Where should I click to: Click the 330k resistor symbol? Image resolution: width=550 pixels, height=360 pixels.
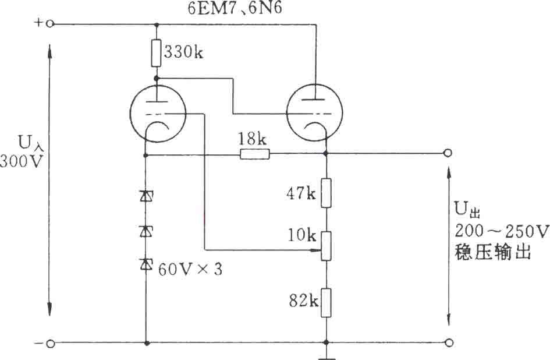point(157,53)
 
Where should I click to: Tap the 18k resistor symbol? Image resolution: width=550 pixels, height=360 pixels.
point(255,154)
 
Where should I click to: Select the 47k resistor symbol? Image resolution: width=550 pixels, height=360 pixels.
point(326,193)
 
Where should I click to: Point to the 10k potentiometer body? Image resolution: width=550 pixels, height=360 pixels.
point(326,245)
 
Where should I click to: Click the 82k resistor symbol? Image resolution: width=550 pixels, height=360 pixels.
point(326,303)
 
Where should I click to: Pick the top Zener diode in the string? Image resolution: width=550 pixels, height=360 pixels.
point(146,196)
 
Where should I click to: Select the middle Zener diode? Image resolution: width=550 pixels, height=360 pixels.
point(146,231)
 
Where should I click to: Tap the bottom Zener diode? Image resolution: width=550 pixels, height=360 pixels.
point(146,264)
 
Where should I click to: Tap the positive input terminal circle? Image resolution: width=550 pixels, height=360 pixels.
point(50,24)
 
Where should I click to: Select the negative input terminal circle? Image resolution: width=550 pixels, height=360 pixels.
point(50,344)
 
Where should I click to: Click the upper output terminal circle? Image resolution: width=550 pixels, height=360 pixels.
point(448,153)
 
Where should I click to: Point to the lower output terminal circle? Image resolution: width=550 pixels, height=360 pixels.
point(448,343)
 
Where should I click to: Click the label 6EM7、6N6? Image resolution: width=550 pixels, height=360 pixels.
point(235,8)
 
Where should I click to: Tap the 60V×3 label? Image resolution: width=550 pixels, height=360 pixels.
point(190,269)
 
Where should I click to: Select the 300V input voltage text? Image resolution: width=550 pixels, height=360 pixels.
point(22,161)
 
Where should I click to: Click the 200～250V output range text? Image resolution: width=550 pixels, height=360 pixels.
point(502,231)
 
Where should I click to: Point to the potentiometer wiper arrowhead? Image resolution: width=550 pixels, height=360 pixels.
point(317,250)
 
